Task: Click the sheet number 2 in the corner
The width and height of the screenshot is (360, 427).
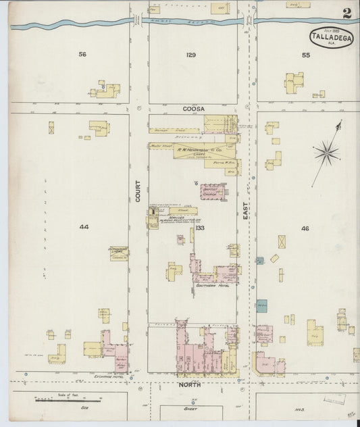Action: pyautogui.click(x=346, y=12)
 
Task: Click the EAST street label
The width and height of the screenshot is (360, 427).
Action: pyautogui.click(x=247, y=214)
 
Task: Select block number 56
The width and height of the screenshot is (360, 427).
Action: pyautogui.click(x=82, y=54)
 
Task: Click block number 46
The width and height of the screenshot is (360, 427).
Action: pyautogui.click(x=305, y=228)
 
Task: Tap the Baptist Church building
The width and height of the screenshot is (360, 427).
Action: pyautogui.click(x=208, y=191)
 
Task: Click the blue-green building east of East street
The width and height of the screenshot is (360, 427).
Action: pyautogui.click(x=261, y=305)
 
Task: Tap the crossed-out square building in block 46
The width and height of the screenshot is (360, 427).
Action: pyautogui.click(x=281, y=241)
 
